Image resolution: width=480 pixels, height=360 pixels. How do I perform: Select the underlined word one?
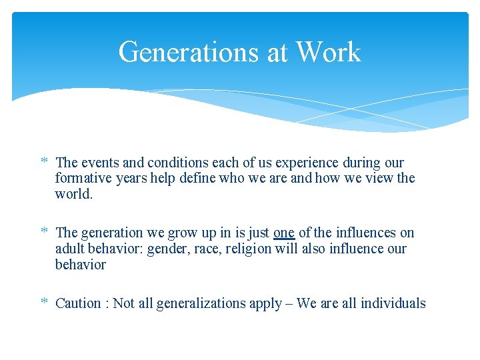(x=284, y=233)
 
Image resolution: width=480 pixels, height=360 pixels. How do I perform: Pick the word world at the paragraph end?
(x=73, y=195)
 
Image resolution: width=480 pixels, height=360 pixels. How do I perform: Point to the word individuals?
(x=393, y=303)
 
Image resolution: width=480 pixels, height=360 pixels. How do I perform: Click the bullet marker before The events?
(x=44, y=163)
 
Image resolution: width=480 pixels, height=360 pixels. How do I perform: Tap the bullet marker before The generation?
(x=44, y=233)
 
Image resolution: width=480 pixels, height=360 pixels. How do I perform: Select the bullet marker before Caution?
(x=44, y=303)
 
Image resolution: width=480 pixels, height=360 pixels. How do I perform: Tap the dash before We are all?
(x=287, y=303)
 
